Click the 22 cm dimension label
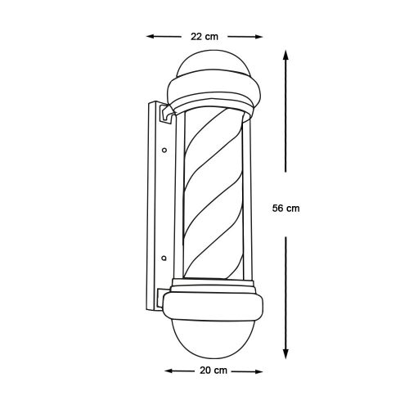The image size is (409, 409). [204, 37]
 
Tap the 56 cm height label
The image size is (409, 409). [285, 209]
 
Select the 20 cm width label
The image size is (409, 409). [213, 371]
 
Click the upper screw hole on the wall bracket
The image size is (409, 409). [164, 150]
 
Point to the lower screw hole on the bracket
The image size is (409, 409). [164, 258]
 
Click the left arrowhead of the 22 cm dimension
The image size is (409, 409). [151, 36]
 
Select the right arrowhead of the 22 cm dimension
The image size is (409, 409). [258, 37]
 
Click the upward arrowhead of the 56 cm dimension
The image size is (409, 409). [285, 55]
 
